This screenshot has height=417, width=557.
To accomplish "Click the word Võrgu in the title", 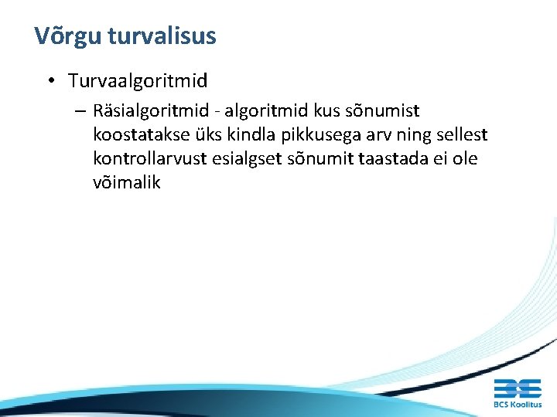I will click(x=68, y=36).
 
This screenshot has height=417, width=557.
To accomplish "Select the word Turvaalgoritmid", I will click(x=138, y=80).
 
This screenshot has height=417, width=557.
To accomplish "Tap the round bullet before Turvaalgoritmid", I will click(x=49, y=80).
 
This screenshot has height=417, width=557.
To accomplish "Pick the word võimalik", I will click(x=126, y=183).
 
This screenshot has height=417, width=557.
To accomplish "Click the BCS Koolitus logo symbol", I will click(x=518, y=387).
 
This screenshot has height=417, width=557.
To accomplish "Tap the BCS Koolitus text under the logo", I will click(x=518, y=404).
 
